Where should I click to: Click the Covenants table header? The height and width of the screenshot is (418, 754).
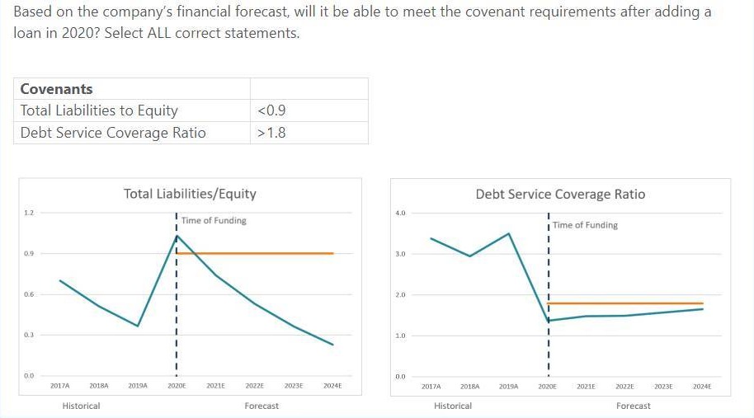point(56,89)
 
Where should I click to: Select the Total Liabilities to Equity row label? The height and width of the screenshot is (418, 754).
point(99,110)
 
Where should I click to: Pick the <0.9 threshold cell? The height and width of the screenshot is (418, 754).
point(271,110)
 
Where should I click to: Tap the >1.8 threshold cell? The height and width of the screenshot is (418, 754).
point(271,133)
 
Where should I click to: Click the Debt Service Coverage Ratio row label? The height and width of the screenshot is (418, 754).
point(113,133)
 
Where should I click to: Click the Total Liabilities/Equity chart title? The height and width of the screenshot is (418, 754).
point(190,194)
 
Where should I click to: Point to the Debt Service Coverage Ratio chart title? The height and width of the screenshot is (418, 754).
point(560,195)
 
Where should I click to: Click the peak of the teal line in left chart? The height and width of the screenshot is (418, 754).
point(177,237)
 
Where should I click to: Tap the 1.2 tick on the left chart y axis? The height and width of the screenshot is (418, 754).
point(28,213)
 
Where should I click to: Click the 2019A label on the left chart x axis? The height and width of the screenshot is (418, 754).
point(138,386)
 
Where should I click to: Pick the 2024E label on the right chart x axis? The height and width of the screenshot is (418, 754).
point(702,386)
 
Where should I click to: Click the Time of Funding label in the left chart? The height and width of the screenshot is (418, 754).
point(214,220)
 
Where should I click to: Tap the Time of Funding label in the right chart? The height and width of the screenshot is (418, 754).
point(585,225)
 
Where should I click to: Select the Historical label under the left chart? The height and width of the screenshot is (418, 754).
point(81,406)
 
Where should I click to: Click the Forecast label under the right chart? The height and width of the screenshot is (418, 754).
point(633,406)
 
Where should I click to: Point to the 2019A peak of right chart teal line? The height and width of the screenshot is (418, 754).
point(509,233)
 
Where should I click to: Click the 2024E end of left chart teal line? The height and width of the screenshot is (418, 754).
point(332,345)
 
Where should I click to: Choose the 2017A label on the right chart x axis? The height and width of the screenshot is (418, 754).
point(431,386)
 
